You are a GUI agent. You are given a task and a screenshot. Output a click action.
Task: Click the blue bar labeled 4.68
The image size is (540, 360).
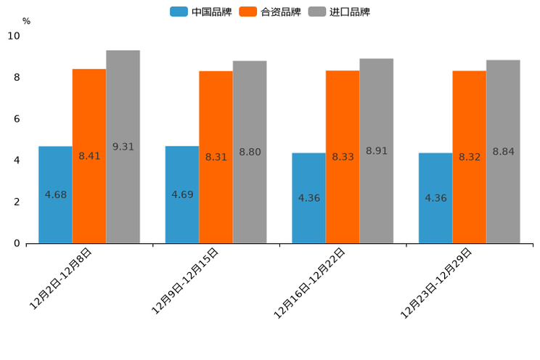tap(55, 195)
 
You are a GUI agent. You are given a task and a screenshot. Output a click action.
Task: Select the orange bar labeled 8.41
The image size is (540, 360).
tap(89, 156)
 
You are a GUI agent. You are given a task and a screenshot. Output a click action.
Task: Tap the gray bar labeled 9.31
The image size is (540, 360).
tap(123, 147)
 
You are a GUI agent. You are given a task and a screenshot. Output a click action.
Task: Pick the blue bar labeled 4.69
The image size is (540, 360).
tap(182, 195)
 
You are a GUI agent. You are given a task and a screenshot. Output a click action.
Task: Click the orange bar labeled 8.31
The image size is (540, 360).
tap(216, 157)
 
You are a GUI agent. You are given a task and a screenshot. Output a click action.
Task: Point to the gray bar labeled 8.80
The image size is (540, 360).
tap(250, 152)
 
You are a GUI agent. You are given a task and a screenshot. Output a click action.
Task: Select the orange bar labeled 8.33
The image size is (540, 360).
tap(343, 157)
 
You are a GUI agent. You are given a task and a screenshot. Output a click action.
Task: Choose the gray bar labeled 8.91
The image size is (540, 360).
tap(376, 151)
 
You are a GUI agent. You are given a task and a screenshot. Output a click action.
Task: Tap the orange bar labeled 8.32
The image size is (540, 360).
tap(469, 157)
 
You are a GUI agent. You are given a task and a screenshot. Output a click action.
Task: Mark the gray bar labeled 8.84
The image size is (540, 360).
tap(503, 152)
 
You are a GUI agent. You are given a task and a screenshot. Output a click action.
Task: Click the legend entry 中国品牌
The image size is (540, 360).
tap(201, 12)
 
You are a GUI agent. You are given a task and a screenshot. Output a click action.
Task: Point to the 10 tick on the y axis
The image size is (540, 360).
tap(15, 36)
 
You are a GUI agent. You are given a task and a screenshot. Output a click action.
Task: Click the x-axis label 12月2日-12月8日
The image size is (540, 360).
tap(62, 279)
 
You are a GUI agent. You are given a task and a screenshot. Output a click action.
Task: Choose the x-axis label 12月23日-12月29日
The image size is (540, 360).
tap(437, 283)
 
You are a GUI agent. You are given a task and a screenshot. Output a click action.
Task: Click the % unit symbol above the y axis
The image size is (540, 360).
tap(26, 21)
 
